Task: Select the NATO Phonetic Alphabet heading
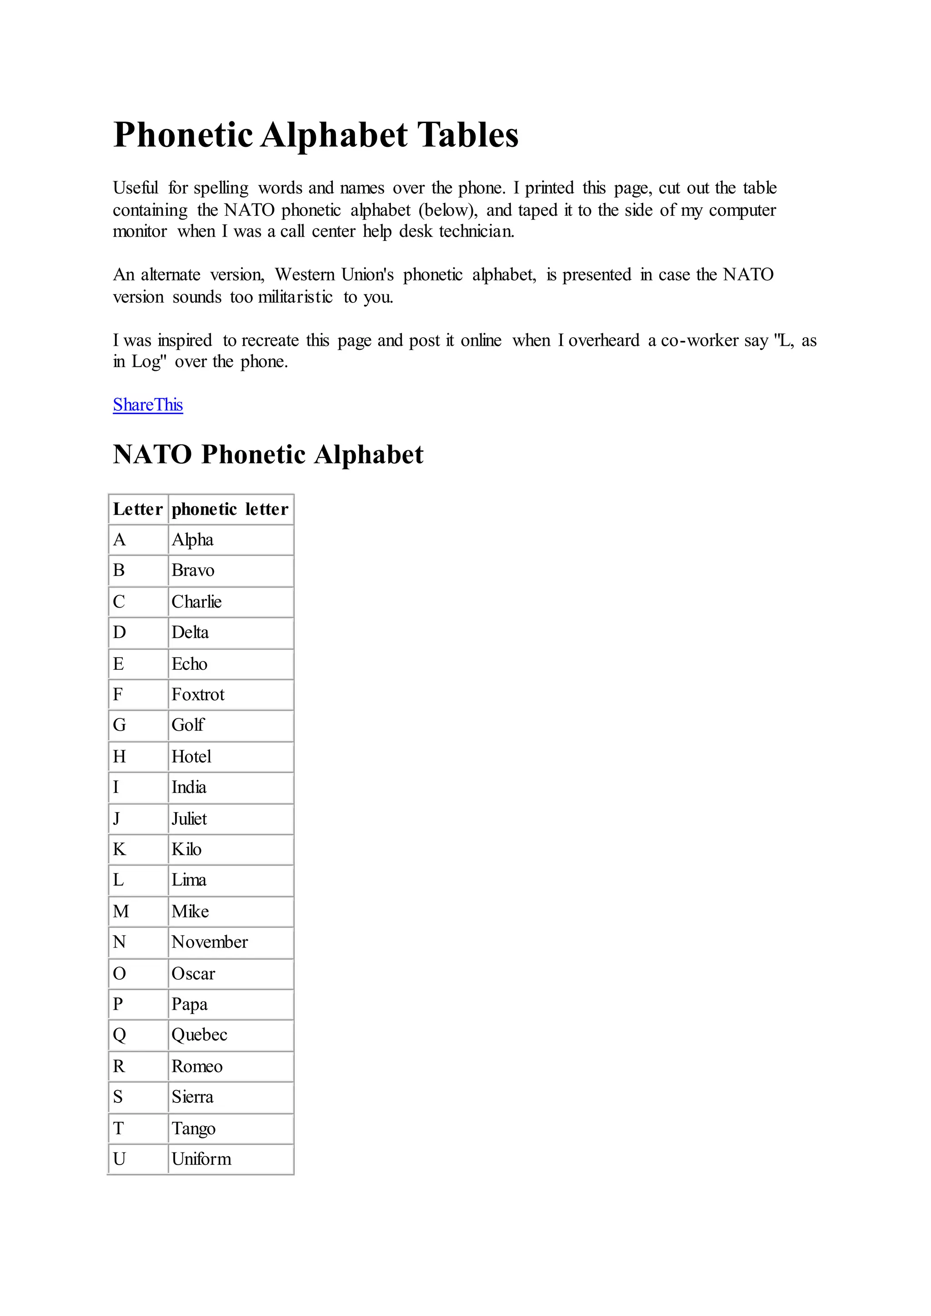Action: pos(268,454)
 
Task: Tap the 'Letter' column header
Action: pos(138,509)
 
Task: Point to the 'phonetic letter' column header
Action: pos(230,509)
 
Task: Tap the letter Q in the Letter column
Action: pos(119,1035)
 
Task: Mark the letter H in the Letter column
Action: pos(119,757)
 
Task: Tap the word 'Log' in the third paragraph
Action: pos(147,362)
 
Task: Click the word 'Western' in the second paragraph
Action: pos(305,275)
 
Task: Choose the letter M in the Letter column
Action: pos(121,912)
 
